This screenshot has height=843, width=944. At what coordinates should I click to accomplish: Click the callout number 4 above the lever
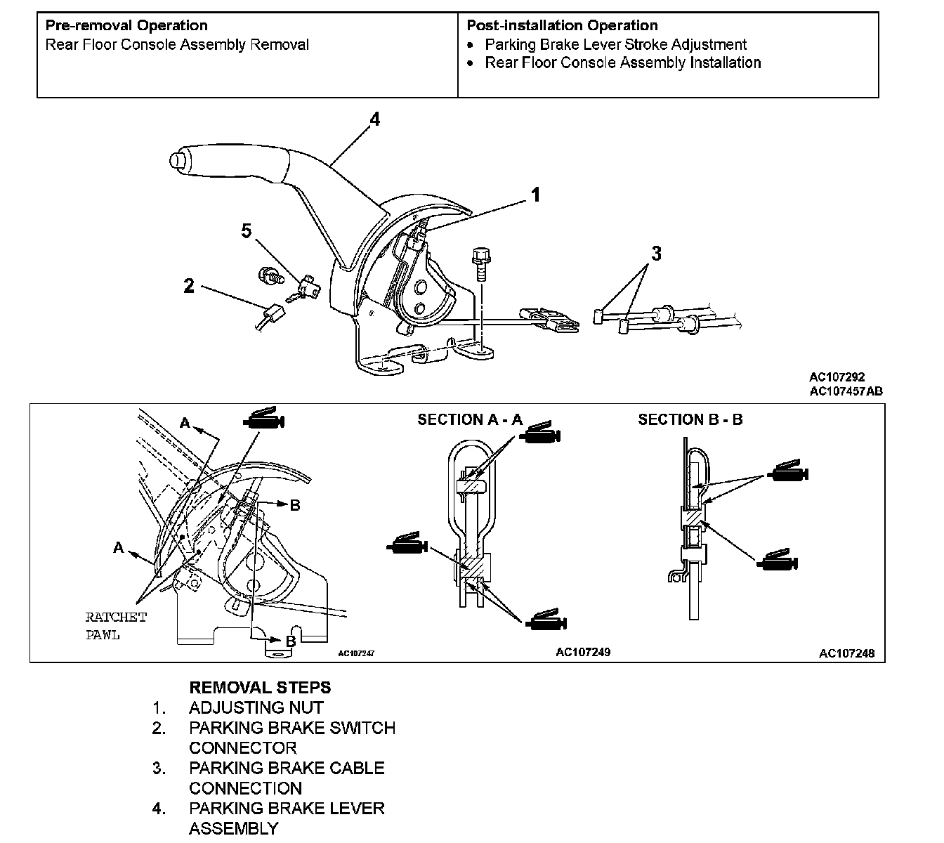(x=375, y=120)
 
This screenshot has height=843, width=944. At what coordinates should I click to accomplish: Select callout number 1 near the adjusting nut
(x=535, y=195)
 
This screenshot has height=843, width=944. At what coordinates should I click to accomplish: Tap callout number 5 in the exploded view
(x=246, y=231)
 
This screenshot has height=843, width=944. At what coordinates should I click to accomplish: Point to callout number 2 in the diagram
(x=188, y=286)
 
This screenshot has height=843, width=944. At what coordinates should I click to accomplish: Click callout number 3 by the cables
(x=656, y=254)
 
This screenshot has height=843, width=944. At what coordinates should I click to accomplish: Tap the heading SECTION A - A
(x=470, y=420)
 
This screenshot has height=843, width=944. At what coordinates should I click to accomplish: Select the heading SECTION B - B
(x=690, y=420)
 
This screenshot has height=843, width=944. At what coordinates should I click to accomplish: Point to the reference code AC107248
(x=846, y=653)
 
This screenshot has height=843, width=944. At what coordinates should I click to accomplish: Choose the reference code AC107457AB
(x=846, y=391)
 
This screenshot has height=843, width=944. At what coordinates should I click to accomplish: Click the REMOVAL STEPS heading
(x=260, y=688)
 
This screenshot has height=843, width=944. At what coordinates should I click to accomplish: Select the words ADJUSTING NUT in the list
(x=256, y=708)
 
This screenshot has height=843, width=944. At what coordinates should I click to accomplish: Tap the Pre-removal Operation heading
(x=126, y=26)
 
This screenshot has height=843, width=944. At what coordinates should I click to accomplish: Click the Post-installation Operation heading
(x=562, y=26)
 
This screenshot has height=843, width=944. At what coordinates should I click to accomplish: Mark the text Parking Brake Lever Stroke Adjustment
(x=615, y=45)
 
